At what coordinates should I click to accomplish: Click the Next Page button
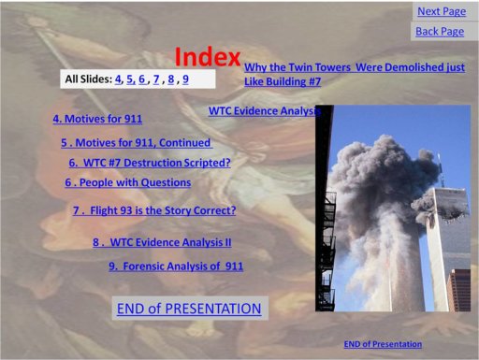pos(442,11)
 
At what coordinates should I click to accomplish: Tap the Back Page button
pos(440,31)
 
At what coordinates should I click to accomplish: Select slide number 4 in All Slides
pos(118,79)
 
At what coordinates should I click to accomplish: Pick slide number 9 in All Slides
pos(185,79)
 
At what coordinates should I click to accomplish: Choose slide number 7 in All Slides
pos(156,79)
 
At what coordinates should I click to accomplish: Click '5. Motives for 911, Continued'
pos(137,143)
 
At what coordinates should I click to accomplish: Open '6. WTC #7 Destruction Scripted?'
pos(150,163)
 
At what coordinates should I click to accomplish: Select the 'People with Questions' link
pos(128,183)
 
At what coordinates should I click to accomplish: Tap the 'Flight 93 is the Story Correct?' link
pos(154,211)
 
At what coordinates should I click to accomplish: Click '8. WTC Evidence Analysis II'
pos(162,242)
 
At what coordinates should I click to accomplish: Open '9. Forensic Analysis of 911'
pos(176,266)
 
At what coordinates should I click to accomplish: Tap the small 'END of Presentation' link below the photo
pos(383,344)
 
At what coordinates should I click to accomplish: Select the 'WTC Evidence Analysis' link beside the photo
pos(264,110)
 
